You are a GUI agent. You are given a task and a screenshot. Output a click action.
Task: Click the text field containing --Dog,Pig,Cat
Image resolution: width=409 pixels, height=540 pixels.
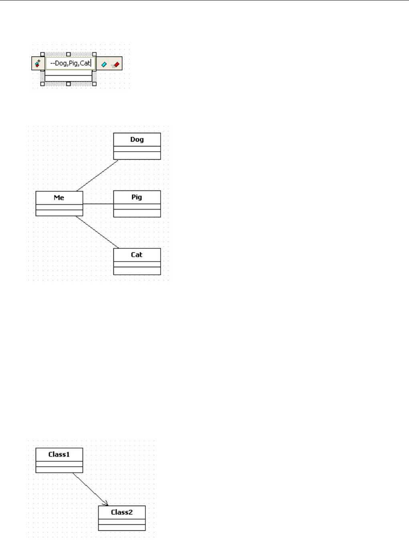coord(71,63)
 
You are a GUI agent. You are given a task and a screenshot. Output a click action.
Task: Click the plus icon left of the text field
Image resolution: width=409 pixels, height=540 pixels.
coord(38,63)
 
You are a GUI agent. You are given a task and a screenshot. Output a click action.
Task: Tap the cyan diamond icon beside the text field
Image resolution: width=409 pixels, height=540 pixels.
coord(104,64)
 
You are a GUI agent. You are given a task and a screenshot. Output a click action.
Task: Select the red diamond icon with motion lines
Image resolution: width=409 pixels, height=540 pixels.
coord(116,64)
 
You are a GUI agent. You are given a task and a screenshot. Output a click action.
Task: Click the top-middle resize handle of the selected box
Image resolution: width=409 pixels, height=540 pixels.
coord(69,54)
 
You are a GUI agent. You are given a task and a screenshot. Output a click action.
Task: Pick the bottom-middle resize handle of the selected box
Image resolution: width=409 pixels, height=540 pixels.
coord(69,84)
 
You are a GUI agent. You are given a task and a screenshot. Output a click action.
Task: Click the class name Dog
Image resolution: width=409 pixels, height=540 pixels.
coord(137,140)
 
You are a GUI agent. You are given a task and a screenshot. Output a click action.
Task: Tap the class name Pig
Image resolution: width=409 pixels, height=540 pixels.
coord(137,197)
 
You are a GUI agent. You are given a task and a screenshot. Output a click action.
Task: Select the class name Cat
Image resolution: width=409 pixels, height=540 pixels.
coord(137,255)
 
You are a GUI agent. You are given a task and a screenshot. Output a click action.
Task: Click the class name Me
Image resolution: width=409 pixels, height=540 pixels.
coord(59,198)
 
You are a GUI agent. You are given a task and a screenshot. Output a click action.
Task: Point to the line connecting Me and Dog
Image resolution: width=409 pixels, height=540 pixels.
coord(97,176)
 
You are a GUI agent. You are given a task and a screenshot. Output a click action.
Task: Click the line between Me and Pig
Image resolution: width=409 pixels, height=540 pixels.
coord(98,204)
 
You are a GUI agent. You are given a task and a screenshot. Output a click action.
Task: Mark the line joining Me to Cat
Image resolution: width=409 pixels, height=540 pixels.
coord(97,232)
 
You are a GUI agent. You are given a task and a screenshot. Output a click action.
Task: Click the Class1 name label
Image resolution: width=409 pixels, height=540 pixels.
coord(59,454)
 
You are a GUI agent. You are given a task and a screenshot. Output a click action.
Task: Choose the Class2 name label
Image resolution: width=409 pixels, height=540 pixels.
coord(122,512)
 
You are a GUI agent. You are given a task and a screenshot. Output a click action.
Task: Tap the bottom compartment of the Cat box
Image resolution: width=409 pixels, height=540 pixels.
coord(137,271)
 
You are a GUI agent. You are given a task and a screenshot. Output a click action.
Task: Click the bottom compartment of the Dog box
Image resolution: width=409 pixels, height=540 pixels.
coord(137,156)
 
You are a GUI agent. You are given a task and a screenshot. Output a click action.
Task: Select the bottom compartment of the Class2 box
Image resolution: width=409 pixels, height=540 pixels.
coord(122,527)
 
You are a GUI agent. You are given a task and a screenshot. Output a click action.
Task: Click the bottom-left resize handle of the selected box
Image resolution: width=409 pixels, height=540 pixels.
coord(42,84)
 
